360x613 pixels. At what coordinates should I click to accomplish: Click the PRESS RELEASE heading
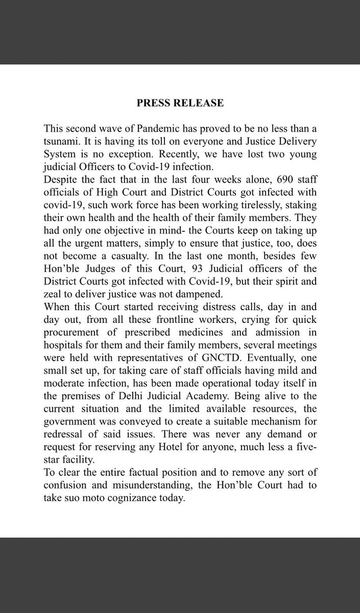(x=180, y=103)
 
